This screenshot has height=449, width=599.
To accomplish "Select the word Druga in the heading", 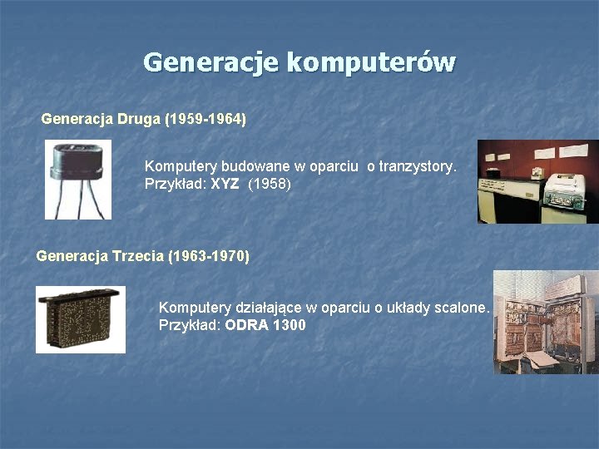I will coord(140,120).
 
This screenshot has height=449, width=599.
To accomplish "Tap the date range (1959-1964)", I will coord(206,120).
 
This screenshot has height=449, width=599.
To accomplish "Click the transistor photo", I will coord(78,180).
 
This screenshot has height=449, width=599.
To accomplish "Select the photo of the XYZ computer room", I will coord(537,181).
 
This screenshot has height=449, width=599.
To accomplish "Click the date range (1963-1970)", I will coord(208,256).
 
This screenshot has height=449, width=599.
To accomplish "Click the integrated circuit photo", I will coord(81,319).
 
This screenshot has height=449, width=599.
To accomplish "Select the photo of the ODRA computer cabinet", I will coord(545,322).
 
